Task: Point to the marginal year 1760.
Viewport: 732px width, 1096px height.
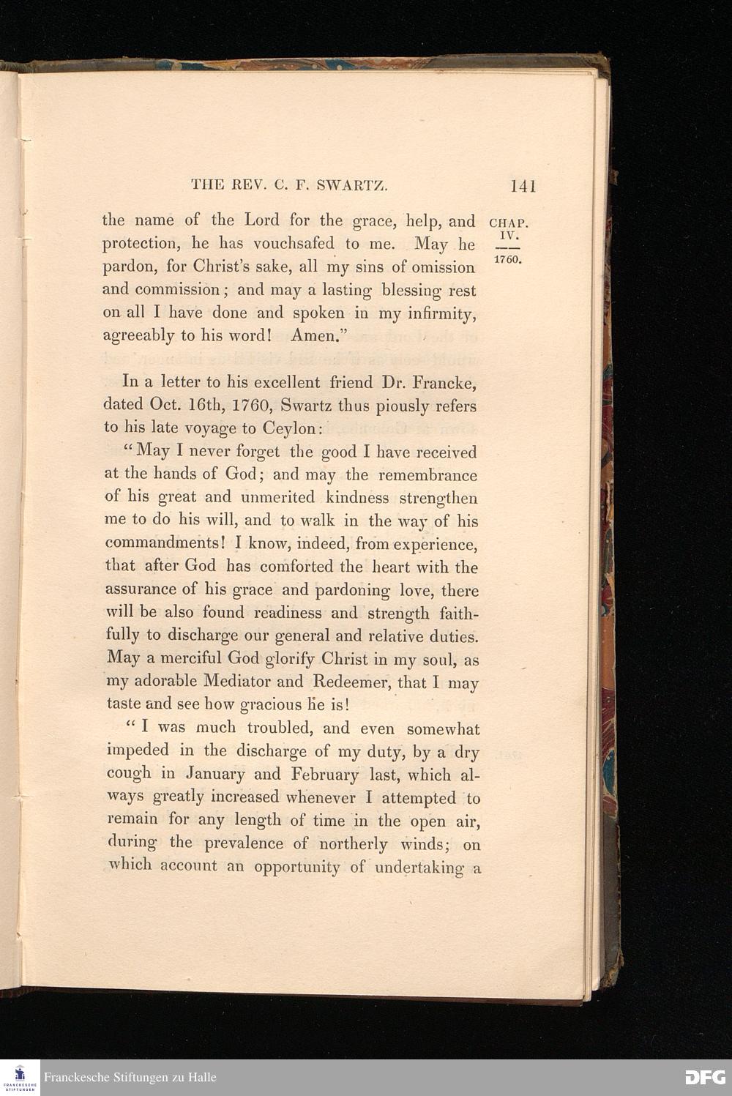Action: (x=506, y=260)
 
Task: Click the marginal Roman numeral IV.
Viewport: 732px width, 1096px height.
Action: (x=509, y=236)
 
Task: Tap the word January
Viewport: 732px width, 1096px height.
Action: (x=215, y=774)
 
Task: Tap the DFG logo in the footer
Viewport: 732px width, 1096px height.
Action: (x=706, y=1077)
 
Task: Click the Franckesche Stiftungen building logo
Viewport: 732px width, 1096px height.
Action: (x=20, y=1076)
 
